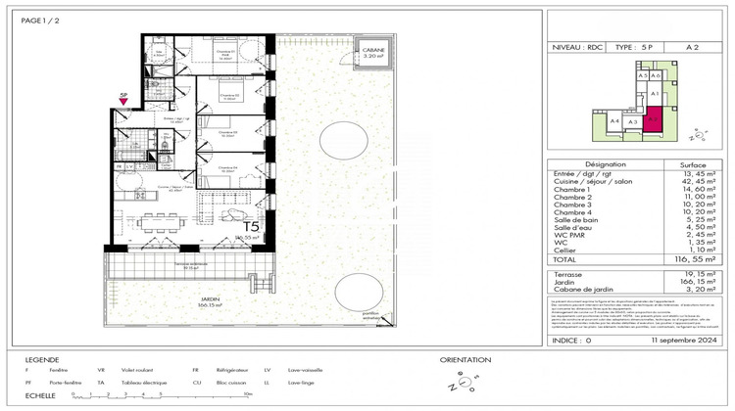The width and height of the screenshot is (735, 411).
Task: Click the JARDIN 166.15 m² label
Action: [206, 303]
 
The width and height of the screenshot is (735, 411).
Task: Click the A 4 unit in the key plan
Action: [615, 120]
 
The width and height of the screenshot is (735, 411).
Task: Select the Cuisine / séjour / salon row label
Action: [599, 181]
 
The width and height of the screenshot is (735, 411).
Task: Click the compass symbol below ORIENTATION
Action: [457, 382]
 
